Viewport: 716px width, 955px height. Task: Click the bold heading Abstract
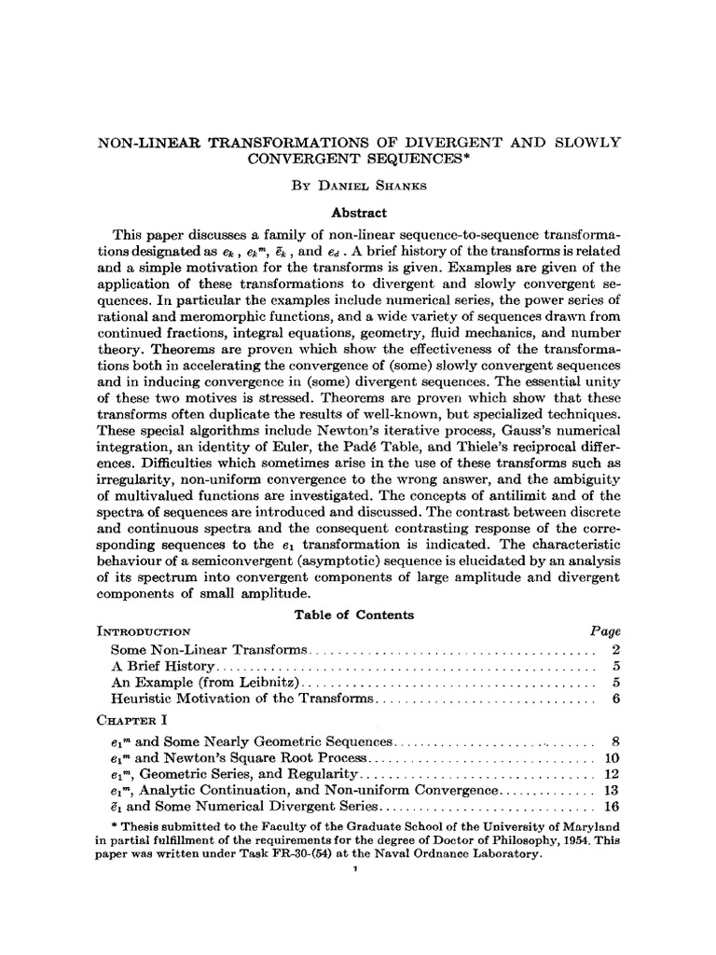[x=359, y=212]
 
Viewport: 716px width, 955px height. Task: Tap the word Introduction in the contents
[x=145, y=631]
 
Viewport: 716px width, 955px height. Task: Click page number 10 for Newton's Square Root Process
[x=613, y=757]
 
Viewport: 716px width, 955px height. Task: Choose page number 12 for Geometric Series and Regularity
[x=613, y=774]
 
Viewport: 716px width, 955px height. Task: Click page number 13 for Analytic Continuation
[x=613, y=791]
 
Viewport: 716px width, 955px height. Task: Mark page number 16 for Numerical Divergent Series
[x=613, y=808]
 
